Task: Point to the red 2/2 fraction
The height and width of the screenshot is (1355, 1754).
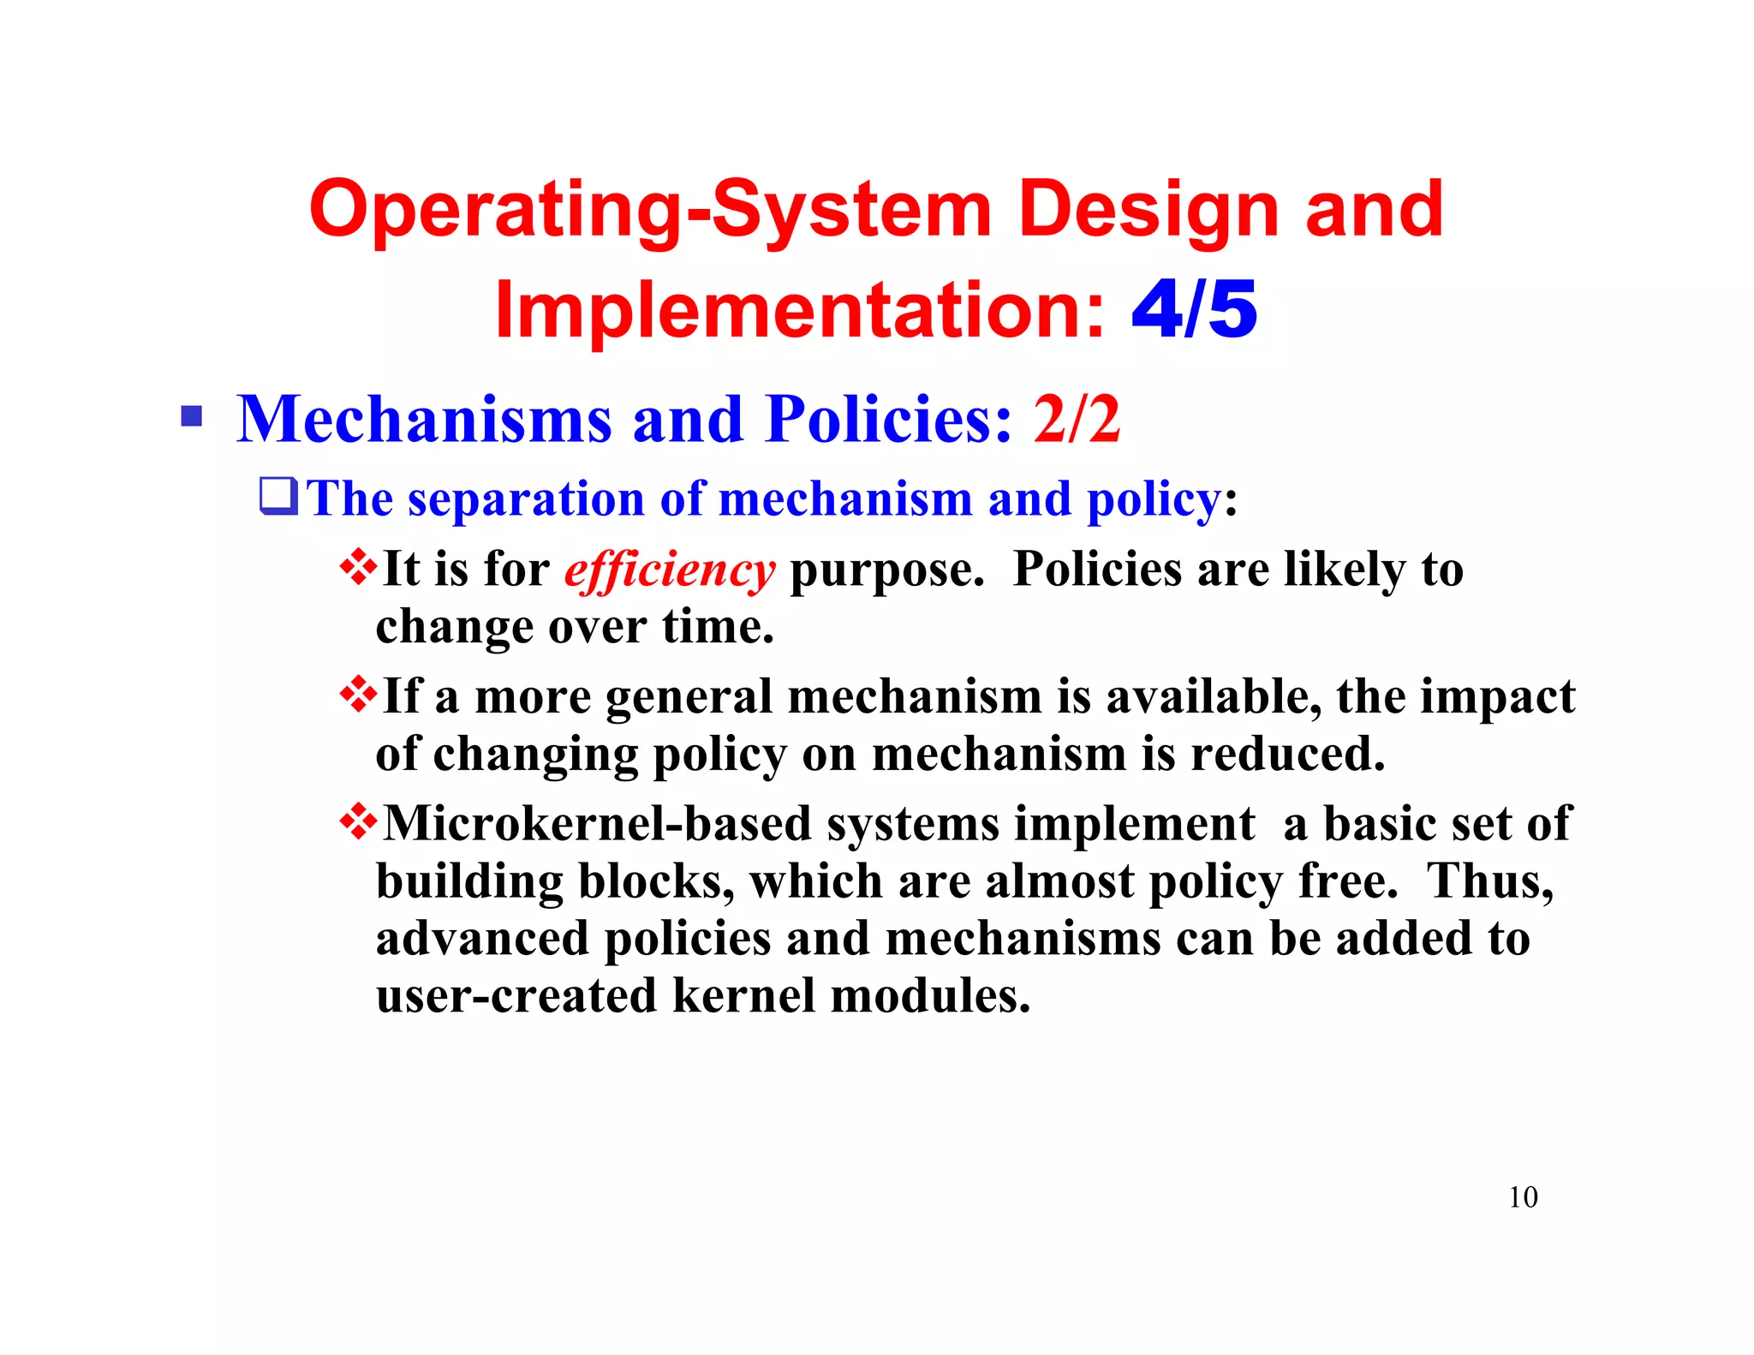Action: click(1077, 419)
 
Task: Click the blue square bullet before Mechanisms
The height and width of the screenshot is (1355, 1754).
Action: click(192, 417)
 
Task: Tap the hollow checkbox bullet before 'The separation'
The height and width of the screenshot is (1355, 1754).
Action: click(279, 497)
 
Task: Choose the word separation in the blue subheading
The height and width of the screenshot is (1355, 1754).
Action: click(526, 498)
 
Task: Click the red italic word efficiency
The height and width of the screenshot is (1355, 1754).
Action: click(670, 570)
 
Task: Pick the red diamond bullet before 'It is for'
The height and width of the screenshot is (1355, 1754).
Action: click(358, 567)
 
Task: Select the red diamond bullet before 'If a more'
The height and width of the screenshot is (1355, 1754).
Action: click(358, 694)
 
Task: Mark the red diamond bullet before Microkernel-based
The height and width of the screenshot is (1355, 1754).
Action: click(358, 821)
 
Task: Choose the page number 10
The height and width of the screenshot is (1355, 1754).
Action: click(1523, 1197)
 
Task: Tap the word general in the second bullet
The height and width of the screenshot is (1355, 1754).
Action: click(689, 696)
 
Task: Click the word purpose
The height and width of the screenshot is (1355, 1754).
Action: click(886, 570)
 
